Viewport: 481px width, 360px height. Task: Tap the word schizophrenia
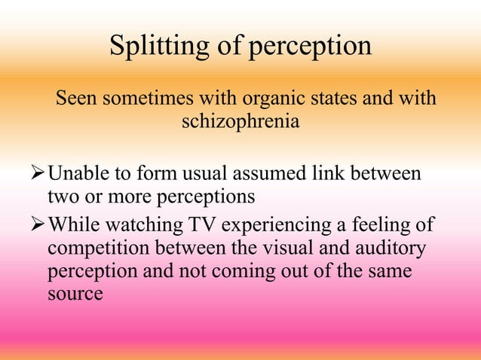[240, 121]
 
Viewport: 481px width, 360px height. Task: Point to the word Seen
[76, 99]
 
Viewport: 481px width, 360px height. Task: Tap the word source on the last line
[75, 293]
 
